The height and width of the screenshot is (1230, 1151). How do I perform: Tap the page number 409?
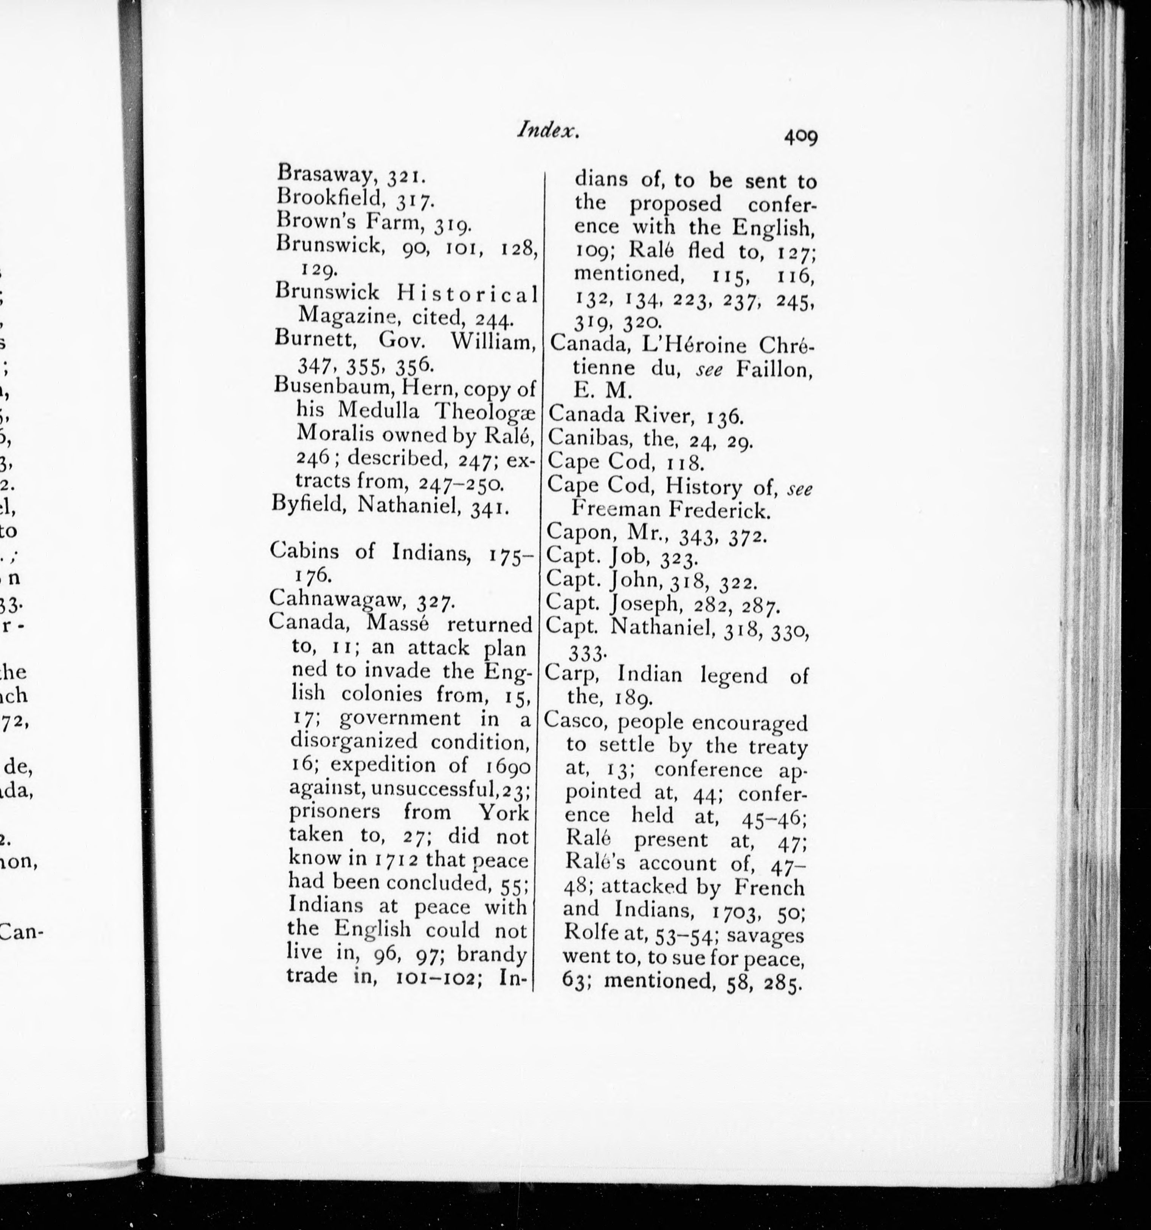pos(800,153)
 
